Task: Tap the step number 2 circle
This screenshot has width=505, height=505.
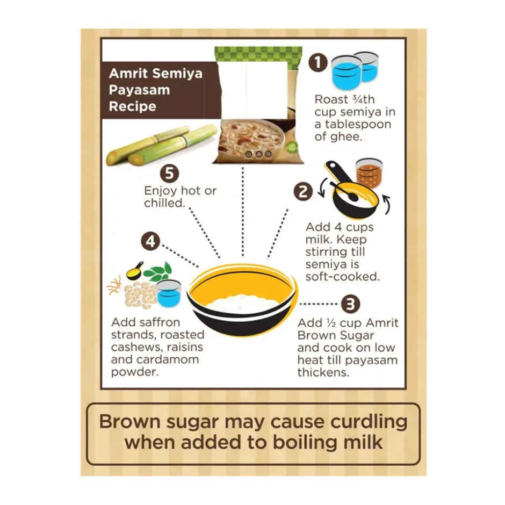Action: tap(303, 191)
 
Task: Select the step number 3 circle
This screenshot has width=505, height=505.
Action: tap(351, 304)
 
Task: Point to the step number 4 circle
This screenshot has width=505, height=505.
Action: tap(151, 242)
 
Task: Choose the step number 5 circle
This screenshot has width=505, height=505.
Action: tap(170, 175)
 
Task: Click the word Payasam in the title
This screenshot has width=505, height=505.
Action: tap(139, 90)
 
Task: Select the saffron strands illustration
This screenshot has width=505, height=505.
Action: tap(114, 285)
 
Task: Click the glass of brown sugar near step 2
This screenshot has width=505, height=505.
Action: tap(369, 172)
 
